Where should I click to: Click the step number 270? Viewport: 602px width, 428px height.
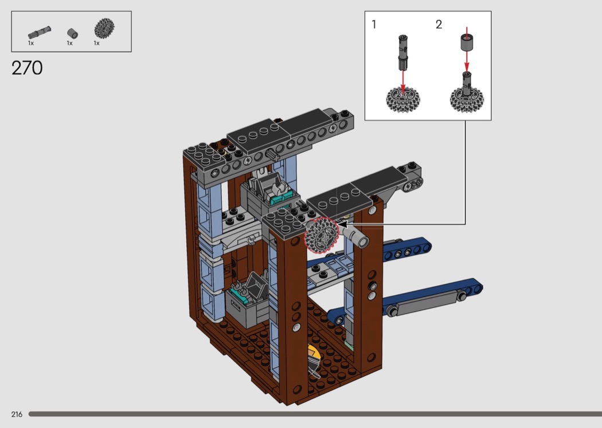click(27, 68)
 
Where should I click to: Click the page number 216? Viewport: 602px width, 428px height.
click(17, 414)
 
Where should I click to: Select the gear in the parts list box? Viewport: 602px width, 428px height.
click(104, 28)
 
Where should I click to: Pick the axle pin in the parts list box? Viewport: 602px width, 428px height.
click(40, 33)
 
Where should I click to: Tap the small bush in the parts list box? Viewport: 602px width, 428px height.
click(73, 33)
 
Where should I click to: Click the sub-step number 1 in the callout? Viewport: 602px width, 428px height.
click(374, 25)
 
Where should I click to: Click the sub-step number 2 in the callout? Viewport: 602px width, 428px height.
click(439, 25)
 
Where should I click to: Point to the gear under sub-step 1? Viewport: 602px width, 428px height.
click(402, 99)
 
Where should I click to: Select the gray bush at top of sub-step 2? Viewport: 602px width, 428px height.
click(467, 42)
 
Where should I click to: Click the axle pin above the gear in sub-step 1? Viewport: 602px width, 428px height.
click(402, 52)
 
